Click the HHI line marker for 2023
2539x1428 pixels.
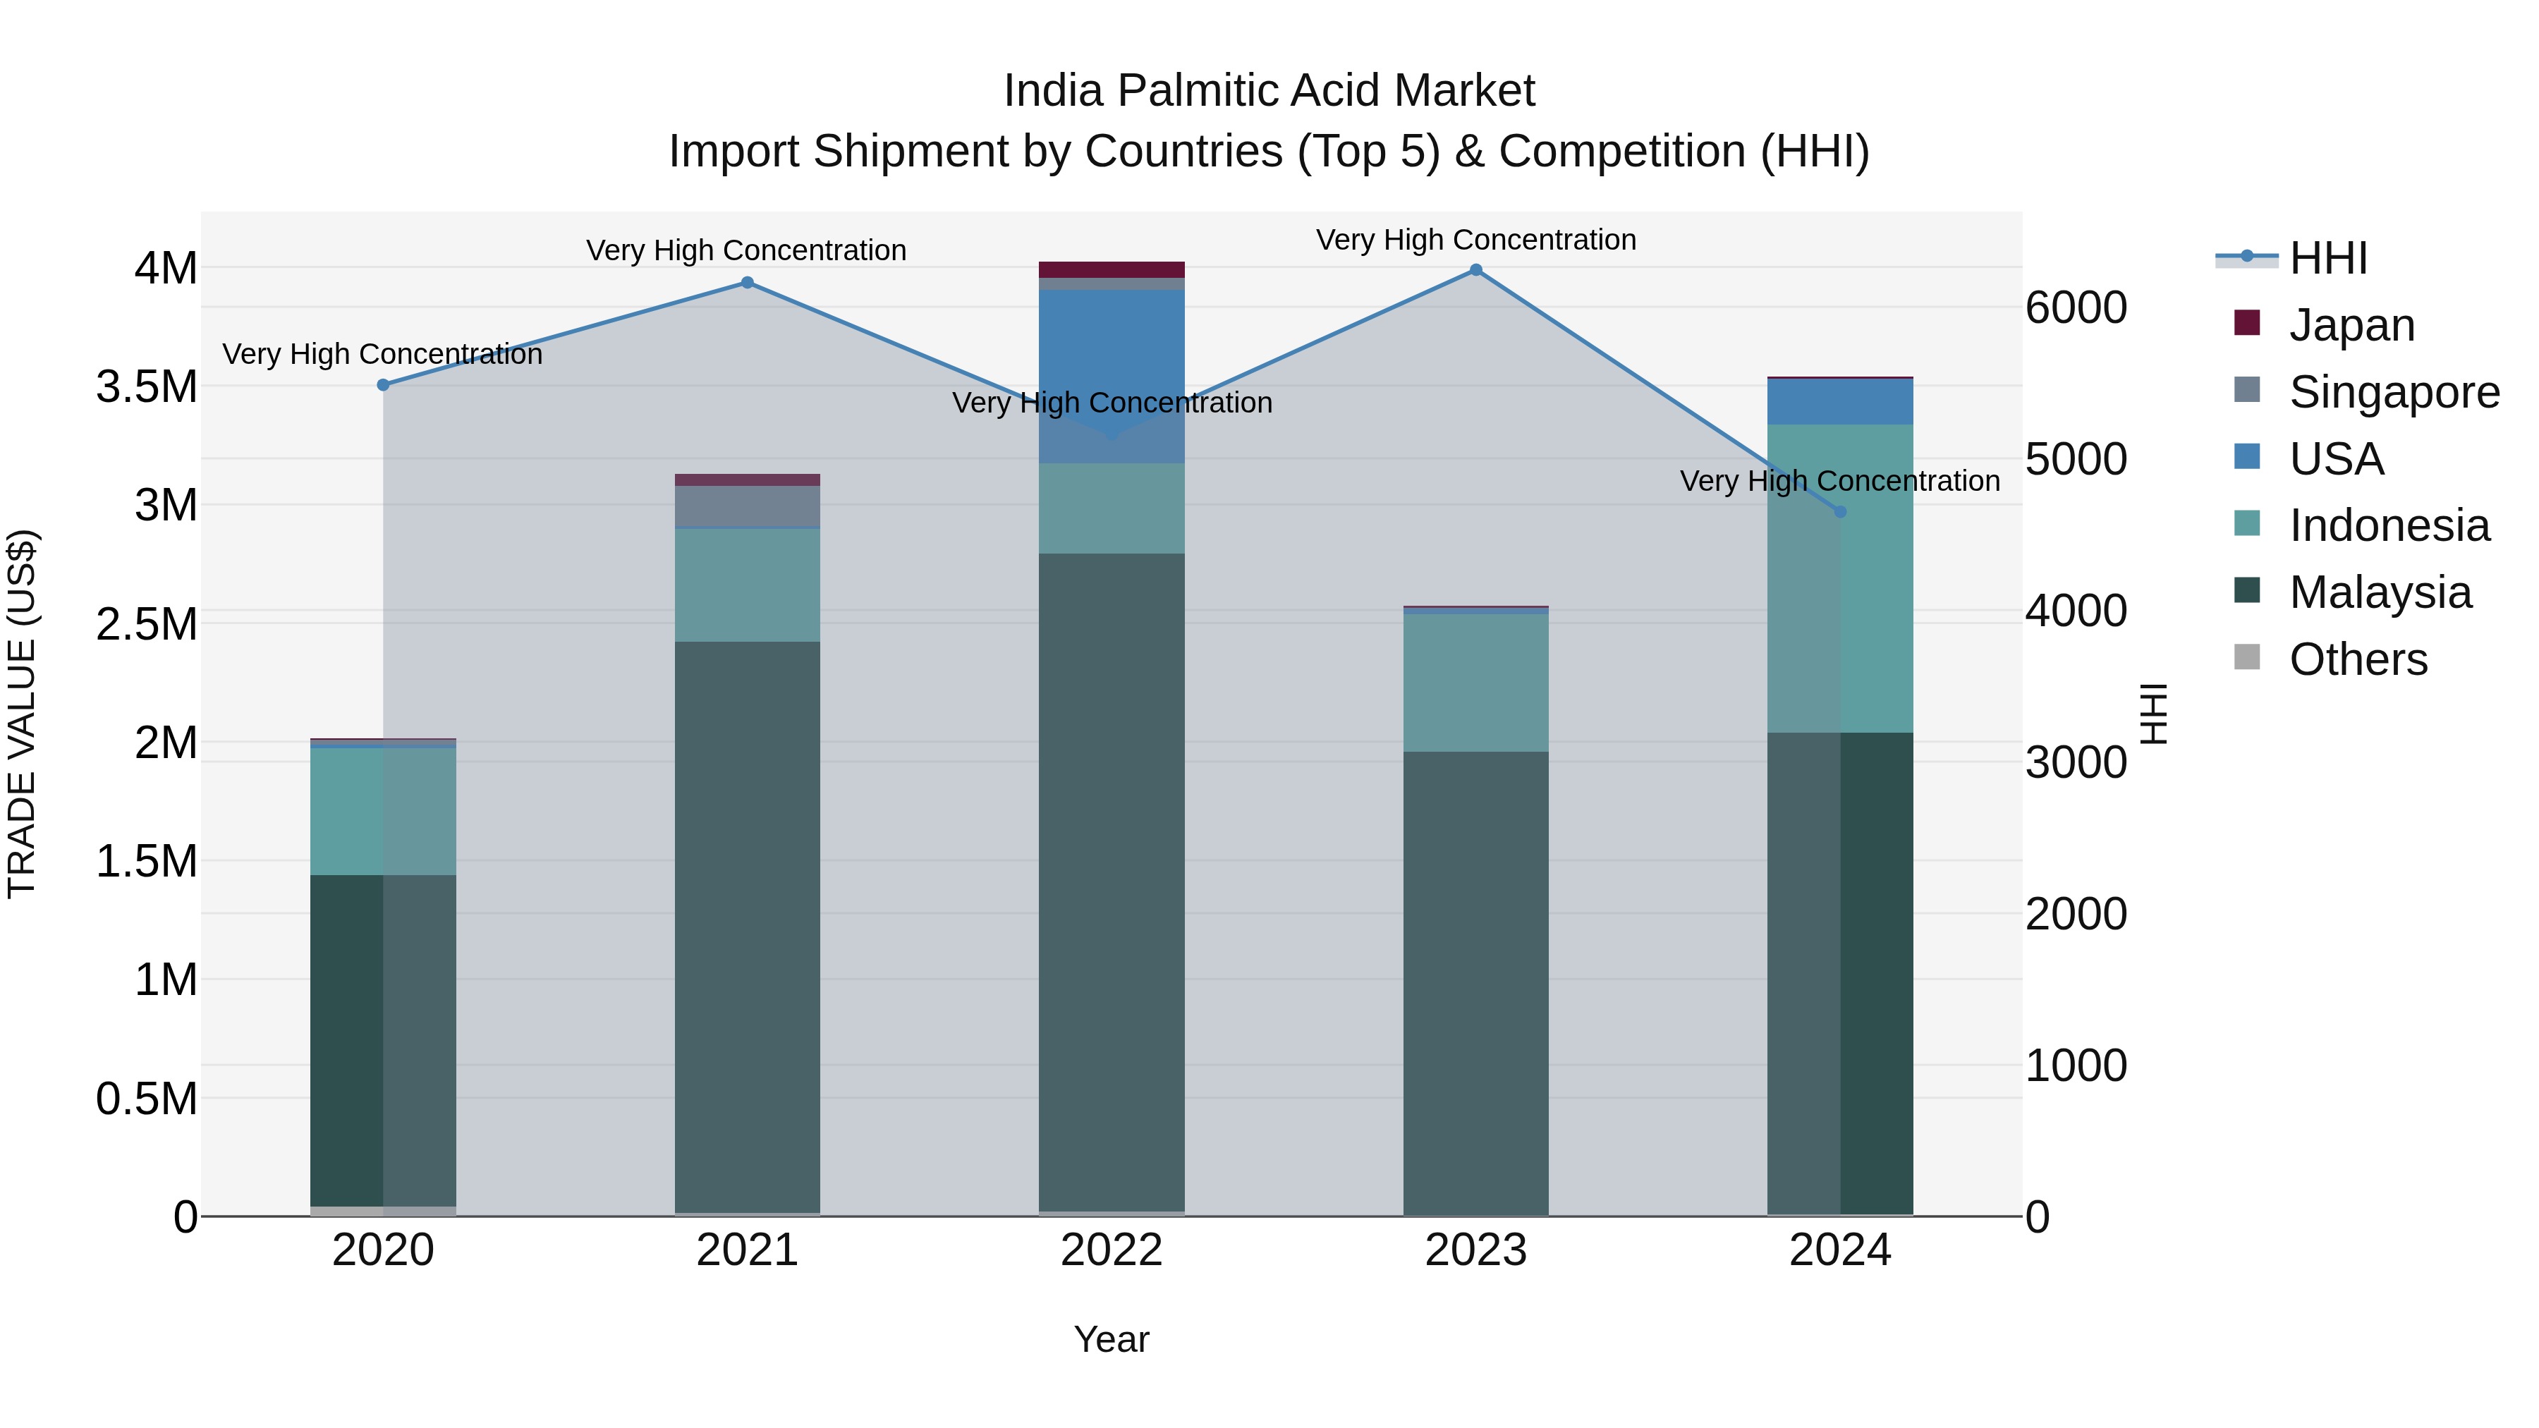click(x=1475, y=270)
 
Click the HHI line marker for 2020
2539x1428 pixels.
click(x=384, y=385)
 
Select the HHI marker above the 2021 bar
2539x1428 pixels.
click(x=747, y=283)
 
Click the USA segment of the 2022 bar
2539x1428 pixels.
click(x=1112, y=355)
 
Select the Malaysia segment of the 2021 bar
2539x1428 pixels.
click(x=747, y=927)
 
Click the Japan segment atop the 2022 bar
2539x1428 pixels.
click(x=1112, y=270)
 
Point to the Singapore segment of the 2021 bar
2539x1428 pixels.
click(x=747, y=506)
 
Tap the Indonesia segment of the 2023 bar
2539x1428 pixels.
click(x=1475, y=682)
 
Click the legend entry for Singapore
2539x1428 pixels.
click(x=2394, y=392)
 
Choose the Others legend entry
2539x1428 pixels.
click(x=2358, y=659)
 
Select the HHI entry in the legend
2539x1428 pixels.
click(x=2327, y=258)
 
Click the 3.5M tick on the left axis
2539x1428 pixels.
click(x=146, y=387)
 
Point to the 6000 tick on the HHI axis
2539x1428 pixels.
click(x=2076, y=308)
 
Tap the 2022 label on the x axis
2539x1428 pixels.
click(x=1112, y=1250)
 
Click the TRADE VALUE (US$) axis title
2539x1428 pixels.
click(x=22, y=714)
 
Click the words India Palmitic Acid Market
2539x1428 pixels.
click(x=1269, y=91)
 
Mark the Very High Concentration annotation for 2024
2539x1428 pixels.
click(x=1839, y=481)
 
